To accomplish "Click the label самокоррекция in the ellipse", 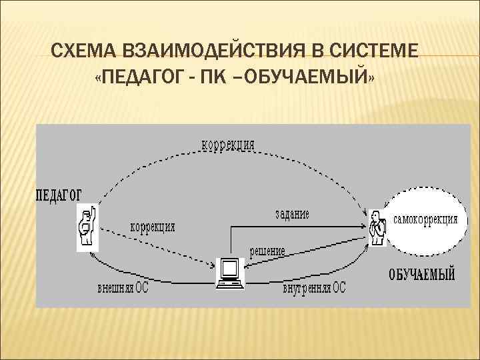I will point(426,219).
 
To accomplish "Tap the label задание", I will point(292,215).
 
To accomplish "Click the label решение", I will point(267,251).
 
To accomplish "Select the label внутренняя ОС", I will point(314,289).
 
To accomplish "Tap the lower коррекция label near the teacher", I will point(153,227).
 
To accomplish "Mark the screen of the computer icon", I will point(230,268).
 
